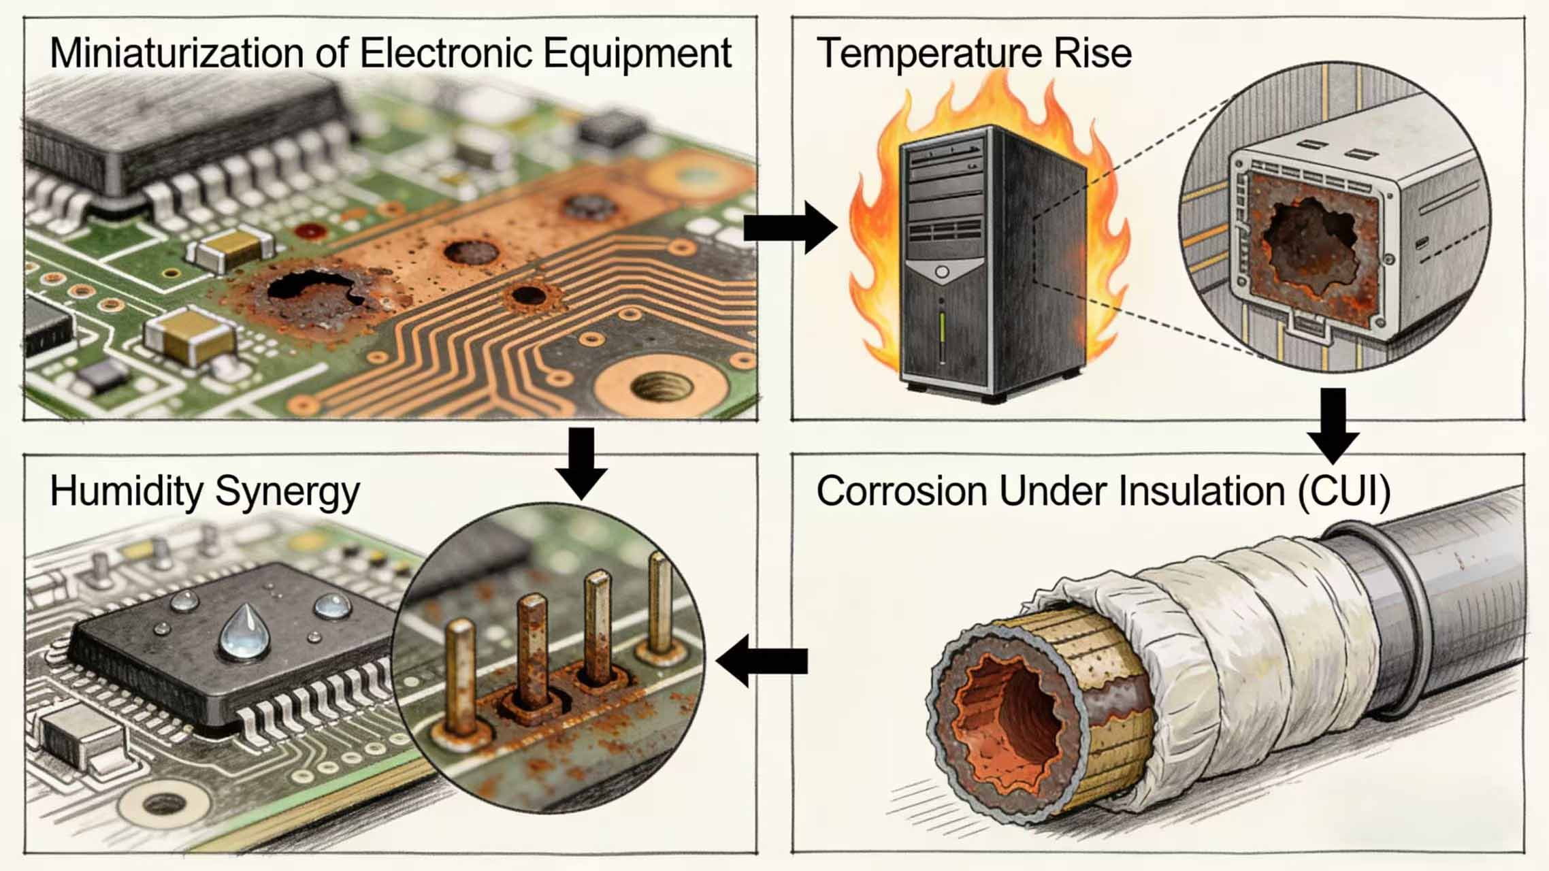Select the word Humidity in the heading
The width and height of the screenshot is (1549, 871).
[x=127, y=491]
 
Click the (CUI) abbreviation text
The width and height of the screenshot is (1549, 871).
[x=1343, y=491]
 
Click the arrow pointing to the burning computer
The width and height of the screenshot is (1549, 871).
[x=789, y=227]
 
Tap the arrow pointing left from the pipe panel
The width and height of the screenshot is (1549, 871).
[x=762, y=660]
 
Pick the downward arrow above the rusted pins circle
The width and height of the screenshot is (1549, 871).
[x=581, y=463]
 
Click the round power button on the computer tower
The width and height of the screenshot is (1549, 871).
[x=942, y=272]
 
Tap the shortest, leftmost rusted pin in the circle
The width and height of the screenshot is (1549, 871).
[x=461, y=680]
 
